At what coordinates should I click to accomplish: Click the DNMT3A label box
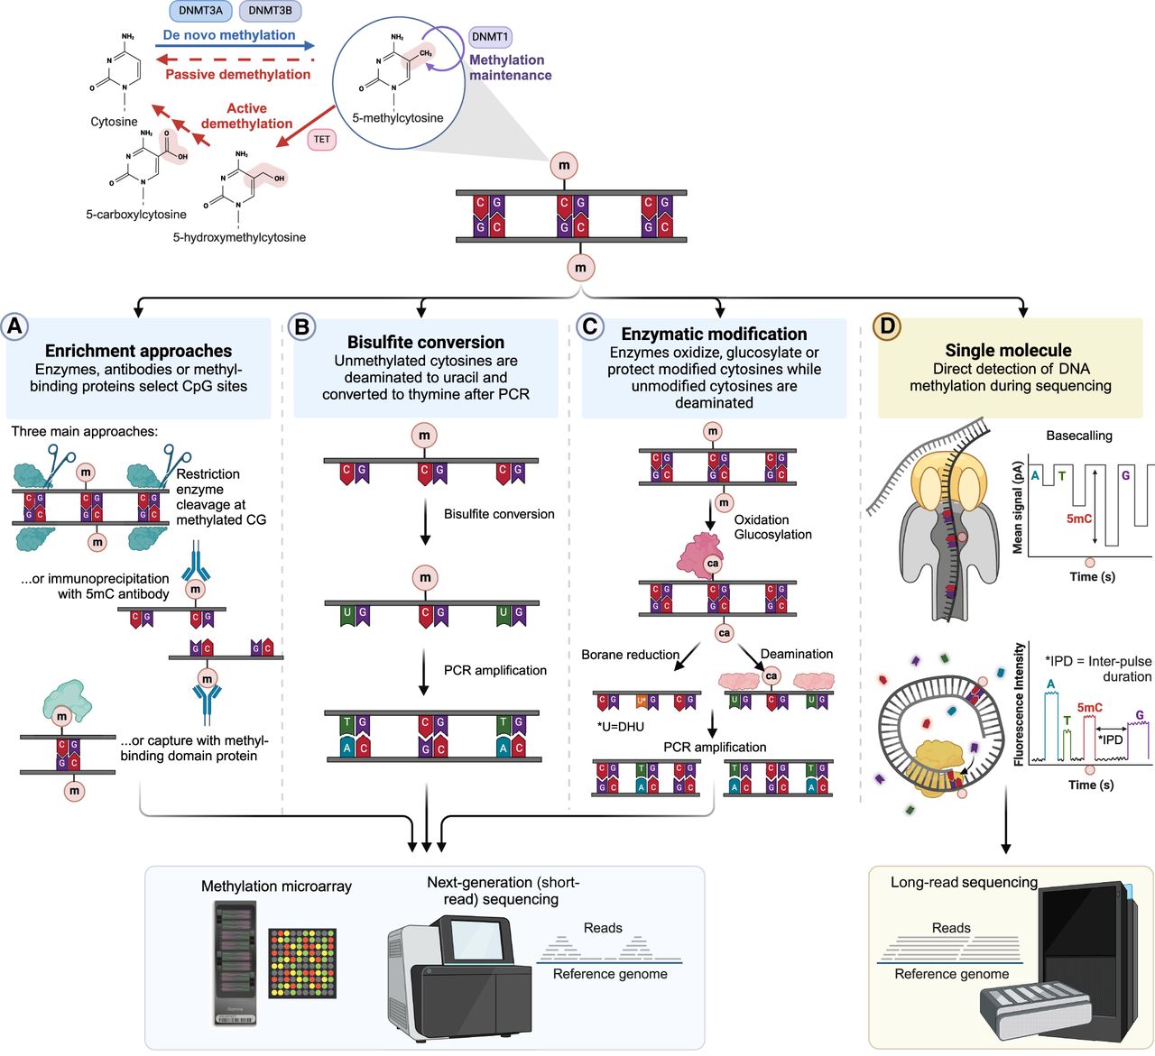coord(201,11)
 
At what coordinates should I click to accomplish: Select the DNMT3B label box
coord(270,11)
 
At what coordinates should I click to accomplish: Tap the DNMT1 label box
coord(490,37)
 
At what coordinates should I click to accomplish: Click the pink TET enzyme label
coord(322,140)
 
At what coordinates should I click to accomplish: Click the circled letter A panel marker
coord(14,326)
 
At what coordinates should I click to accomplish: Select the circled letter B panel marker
coord(301,326)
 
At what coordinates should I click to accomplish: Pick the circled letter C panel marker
coord(589,326)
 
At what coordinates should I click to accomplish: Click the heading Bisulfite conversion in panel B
coord(426,342)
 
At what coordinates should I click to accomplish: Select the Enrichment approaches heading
coord(138,351)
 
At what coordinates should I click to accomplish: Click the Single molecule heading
coord(1008,350)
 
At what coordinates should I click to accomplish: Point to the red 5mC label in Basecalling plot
coord(1080,519)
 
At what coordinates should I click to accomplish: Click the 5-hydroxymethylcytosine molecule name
coord(239,237)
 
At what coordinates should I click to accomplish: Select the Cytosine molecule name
coord(114,122)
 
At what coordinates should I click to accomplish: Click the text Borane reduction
coord(630,655)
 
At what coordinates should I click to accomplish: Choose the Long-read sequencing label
coord(964,882)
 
